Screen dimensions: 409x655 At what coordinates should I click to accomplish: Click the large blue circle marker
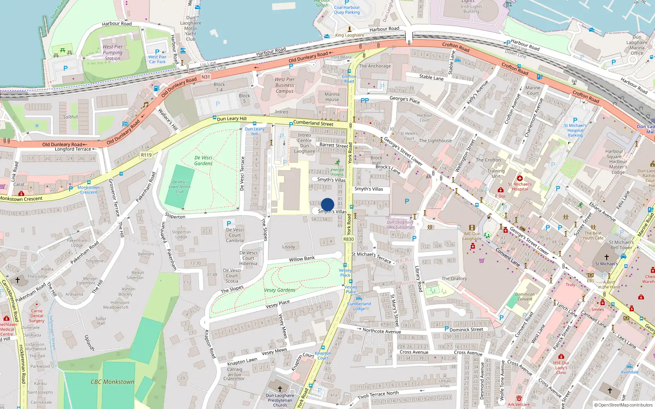327,204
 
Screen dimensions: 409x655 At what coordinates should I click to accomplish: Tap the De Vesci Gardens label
203,160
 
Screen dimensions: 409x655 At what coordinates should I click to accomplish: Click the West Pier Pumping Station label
113,52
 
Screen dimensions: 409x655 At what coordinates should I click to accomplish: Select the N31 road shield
206,77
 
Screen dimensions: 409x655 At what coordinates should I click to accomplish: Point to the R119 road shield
146,155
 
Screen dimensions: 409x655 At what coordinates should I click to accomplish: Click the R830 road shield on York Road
348,239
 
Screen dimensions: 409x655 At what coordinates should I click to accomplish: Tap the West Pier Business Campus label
285,85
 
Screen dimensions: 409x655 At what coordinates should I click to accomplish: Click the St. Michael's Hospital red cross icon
520,178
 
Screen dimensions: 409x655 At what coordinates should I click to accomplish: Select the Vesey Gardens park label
280,290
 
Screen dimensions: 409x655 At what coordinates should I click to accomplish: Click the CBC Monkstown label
113,382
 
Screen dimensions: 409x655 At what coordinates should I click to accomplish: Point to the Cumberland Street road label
313,123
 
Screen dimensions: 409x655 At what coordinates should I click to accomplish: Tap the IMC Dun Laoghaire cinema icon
472,228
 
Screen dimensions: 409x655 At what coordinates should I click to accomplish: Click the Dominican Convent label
525,297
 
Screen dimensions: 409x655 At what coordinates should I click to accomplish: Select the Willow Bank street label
302,259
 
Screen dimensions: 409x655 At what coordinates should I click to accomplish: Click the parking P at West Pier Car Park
157,52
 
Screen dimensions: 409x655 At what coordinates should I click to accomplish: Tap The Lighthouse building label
435,141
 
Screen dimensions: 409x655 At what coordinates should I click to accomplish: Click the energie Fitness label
337,172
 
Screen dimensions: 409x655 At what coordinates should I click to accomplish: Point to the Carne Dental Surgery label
36,316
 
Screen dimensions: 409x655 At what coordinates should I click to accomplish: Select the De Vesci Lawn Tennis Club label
179,187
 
